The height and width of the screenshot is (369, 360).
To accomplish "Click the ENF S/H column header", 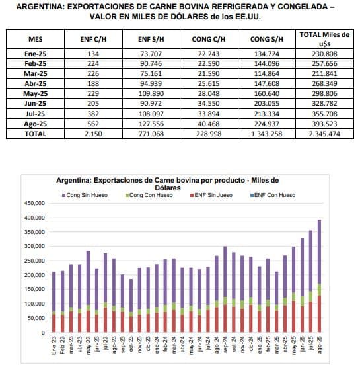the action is tap(151, 39).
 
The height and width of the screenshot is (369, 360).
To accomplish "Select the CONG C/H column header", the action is tap(209, 39).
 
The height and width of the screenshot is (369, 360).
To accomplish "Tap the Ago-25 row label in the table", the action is tap(35, 124).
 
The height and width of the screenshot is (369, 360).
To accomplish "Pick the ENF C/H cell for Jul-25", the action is tap(93, 114).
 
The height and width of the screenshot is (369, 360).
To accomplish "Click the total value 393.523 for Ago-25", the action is tap(324, 124).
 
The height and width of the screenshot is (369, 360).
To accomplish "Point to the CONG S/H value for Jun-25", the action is tap(267, 104).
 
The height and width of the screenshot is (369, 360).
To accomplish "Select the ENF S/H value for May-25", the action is tap(151, 94).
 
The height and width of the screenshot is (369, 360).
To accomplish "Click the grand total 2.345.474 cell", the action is tap(324, 134).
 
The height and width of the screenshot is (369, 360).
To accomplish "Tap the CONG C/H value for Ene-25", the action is tap(209, 54).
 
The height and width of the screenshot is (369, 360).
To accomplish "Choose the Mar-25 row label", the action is tap(35, 73).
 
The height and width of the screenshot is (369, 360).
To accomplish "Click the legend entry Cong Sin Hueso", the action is tap(85, 195).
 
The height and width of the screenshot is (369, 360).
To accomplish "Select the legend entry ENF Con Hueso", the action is tap(273, 195).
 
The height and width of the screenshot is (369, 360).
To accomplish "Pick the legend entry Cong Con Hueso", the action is tap(149, 195).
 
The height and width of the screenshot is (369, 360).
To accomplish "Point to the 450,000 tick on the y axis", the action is tap(34, 203).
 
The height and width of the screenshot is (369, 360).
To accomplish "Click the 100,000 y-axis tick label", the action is tap(34, 304).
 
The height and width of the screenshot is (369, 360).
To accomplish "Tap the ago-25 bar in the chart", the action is tap(319, 276).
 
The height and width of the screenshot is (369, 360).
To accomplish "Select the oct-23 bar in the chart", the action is tap(131, 306).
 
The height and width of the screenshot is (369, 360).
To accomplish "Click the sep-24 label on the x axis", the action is tap(225, 345).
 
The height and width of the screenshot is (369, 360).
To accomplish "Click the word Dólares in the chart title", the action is tap(168, 188).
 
